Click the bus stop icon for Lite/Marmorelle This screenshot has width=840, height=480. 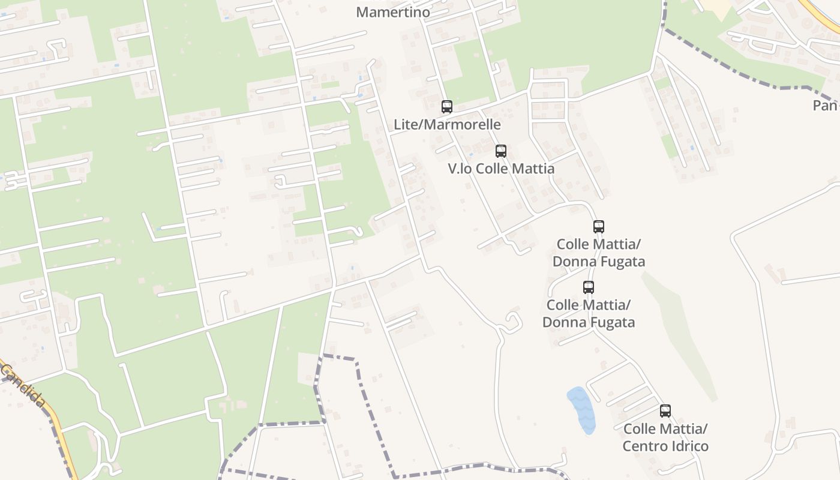click(x=447, y=107)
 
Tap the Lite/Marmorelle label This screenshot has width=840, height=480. click(x=447, y=125)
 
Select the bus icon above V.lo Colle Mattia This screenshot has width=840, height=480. click(x=501, y=151)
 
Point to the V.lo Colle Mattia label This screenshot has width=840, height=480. click(x=501, y=169)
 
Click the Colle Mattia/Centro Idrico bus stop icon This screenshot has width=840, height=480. click(x=665, y=411)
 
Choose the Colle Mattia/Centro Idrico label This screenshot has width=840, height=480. click(x=665, y=437)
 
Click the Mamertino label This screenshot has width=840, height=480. click(x=393, y=12)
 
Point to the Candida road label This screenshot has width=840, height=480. click(x=23, y=385)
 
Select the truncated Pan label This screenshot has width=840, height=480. click(x=826, y=106)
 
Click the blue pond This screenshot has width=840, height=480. click(x=581, y=409)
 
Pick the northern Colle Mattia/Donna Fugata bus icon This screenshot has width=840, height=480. click(x=598, y=227)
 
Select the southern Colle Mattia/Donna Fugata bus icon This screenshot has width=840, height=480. click(x=589, y=287)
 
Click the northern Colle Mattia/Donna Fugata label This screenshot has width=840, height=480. click(x=598, y=253)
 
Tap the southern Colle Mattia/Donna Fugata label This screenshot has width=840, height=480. click(x=589, y=314)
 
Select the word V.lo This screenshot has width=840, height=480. click(x=461, y=169)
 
